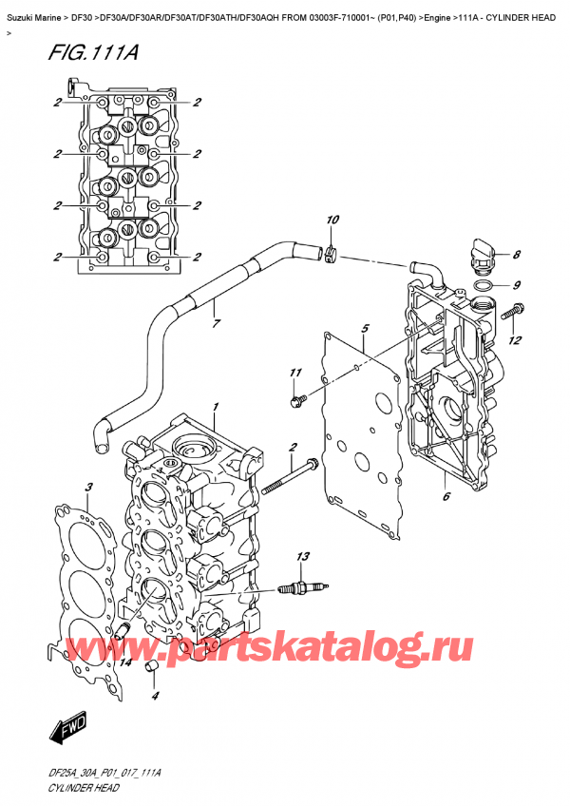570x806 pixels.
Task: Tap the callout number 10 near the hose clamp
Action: coord(331,221)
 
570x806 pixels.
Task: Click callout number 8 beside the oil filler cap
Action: coord(516,254)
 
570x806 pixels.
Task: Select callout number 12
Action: coord(514,340)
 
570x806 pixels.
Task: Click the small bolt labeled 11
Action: coord(297,401)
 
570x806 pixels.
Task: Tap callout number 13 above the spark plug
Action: coord(303,556)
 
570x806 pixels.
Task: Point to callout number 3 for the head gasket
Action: coord(87,489)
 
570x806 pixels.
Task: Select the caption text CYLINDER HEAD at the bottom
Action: coord(83,788)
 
